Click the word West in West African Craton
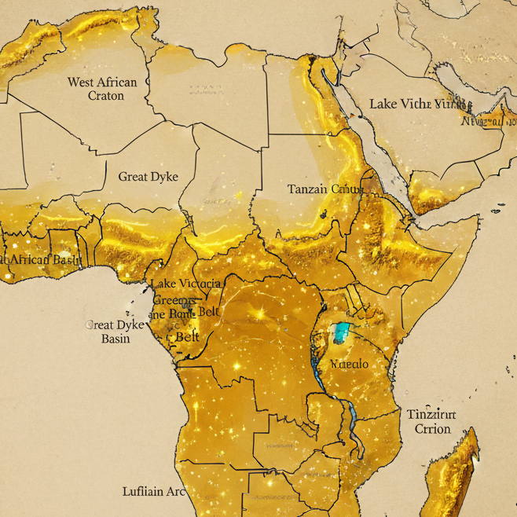[83, 82]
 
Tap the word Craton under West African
[106, 96]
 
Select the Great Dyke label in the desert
[148, 176]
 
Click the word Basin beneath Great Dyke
[115, 339]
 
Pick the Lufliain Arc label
[154, 491]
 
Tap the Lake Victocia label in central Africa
[186, 284]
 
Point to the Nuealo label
[350, 365]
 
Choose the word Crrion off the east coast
[432, 429]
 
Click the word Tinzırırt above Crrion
[431, 414]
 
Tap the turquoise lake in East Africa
[341, 332]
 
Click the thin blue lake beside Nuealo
[317, 369]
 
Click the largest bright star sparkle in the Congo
[258, 313]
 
